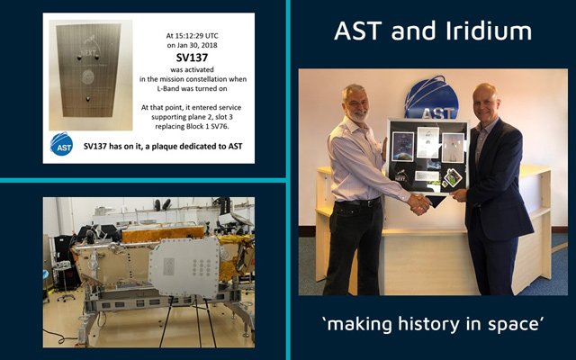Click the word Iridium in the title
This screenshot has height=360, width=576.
click(x=490, y=31)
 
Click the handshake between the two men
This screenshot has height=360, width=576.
click(x=419, y=203)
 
